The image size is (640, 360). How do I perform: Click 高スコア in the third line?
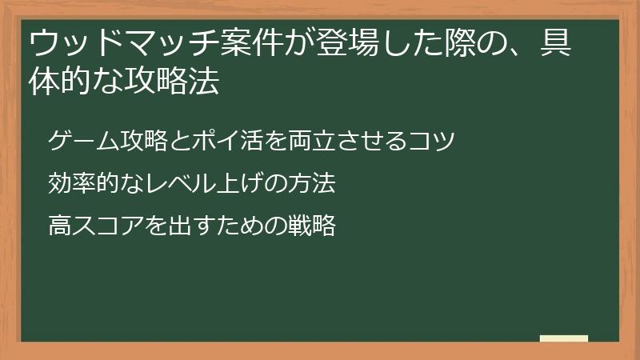pos(95,225)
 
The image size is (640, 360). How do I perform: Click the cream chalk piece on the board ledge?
pos(564,338)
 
